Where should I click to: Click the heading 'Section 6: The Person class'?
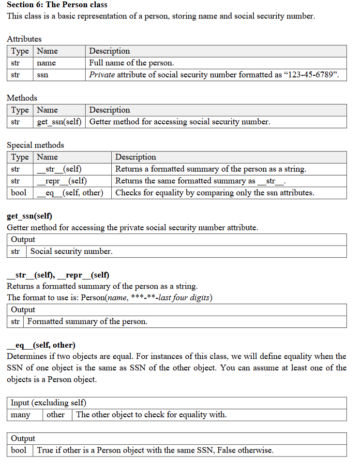tap(57, 5)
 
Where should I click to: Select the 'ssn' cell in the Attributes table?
tap(43, 75)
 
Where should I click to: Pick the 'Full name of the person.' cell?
tap(131, 63)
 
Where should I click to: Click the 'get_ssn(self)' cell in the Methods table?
tap(59, 122)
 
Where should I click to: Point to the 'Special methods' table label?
tap(35, 145)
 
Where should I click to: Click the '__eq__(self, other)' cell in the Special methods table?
tap(70, 192)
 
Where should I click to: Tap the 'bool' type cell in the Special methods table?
tap(19, 192)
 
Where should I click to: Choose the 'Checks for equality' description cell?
tap(214, 192)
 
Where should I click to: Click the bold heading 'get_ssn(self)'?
tap(30, 216)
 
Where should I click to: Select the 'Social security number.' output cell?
tap(71, 251)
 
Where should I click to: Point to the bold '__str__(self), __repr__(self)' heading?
tap(58, 275)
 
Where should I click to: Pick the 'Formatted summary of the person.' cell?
tap(87, 322)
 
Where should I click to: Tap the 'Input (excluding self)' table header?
tap(48, 403)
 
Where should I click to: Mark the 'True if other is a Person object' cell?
tap(155, 450)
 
